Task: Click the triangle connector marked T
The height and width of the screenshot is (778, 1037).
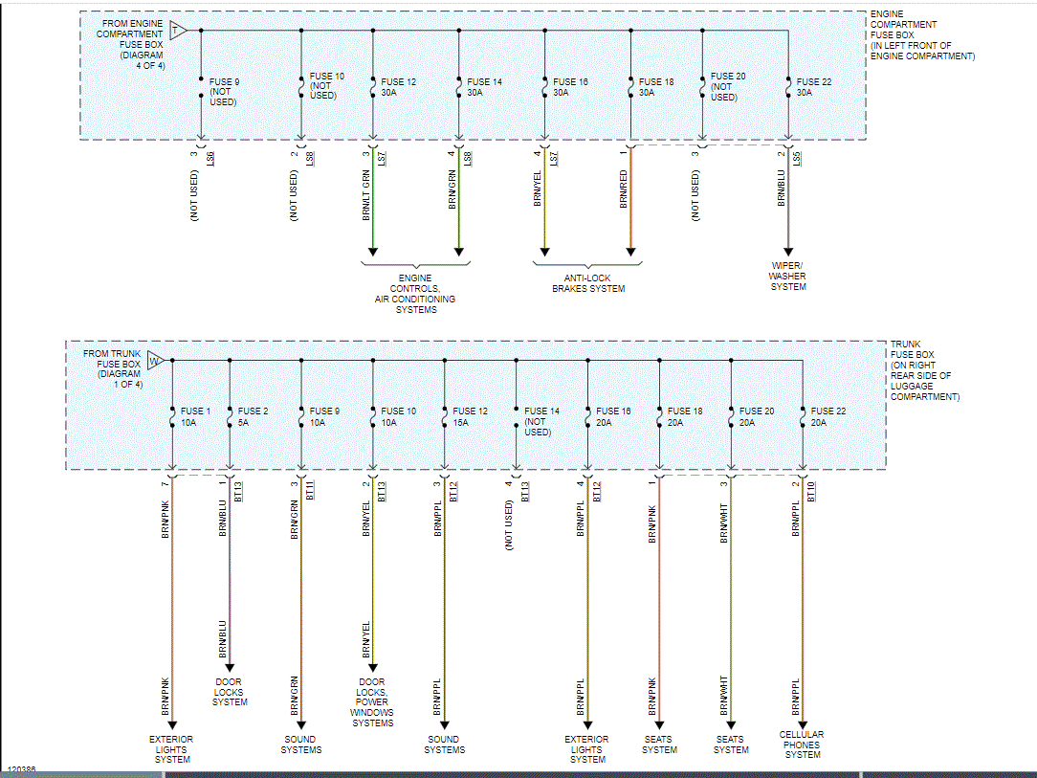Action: coord(176,29)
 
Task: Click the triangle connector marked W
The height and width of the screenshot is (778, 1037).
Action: coord(153,361)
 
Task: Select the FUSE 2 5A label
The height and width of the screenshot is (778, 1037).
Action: coord(253,416)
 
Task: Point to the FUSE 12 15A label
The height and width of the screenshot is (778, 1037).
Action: coord(470,416)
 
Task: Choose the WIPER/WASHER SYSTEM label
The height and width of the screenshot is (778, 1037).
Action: coord(788,276)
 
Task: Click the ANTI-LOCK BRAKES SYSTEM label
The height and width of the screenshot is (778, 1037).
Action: coord(587,283)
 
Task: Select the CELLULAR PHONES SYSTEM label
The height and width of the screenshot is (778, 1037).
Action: coord(802,745)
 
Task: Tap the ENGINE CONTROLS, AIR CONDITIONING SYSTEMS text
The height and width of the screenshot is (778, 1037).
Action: coord(415,294)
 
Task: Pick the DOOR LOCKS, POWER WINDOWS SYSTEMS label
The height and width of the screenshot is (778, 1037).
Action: coord(372,702)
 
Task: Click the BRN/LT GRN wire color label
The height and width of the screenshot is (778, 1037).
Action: coord(366,195)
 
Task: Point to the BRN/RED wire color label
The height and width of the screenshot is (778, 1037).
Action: coord(624,189)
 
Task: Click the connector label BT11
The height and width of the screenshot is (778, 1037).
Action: coord(310,490)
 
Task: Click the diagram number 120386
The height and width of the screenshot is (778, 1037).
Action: coord(21,769)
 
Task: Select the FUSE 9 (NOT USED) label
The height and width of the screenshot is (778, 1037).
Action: coord(224,92)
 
